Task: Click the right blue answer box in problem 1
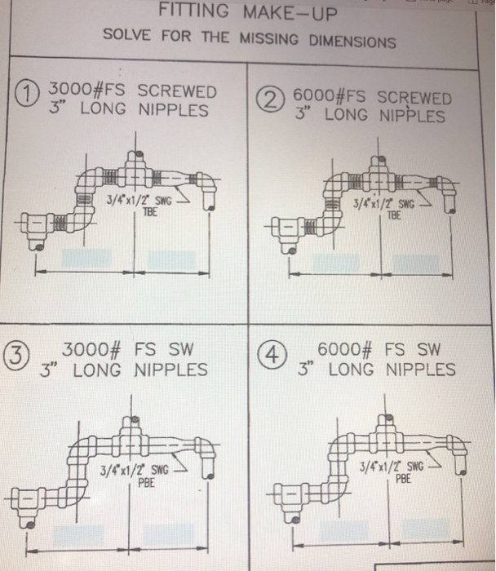170,260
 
